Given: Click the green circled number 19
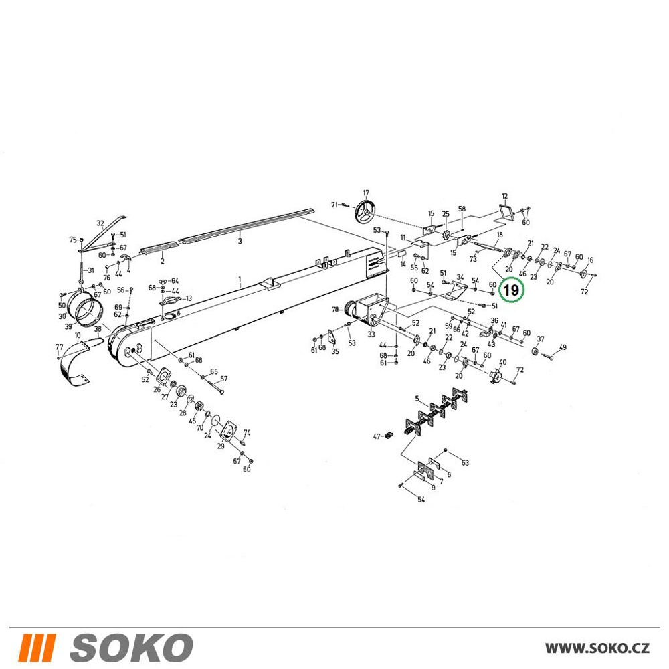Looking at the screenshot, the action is [510, 290].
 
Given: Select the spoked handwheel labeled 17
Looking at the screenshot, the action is [366, 211].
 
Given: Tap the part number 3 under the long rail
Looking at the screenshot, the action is [240, 241].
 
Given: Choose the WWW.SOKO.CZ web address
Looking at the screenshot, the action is [597, 648].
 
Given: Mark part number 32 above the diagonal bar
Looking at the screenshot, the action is [100, 223].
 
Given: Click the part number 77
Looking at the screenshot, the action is [59, 347].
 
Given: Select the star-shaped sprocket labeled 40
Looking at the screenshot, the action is [496, 376].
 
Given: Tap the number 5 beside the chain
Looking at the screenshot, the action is [417, 399].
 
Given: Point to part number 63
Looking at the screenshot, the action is [465, 462].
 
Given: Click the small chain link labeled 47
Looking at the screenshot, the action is [389, 435].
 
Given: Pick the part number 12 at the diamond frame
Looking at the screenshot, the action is [504, 196].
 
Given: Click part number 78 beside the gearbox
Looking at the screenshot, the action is [335, 309].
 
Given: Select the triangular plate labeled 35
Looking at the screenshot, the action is [332, 337].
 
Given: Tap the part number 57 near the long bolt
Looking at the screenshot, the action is [223, 379].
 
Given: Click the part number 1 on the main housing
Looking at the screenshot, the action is [240, 280].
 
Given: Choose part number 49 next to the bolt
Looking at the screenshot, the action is [563, 347].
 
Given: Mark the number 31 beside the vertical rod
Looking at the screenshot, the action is [90, 270].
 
